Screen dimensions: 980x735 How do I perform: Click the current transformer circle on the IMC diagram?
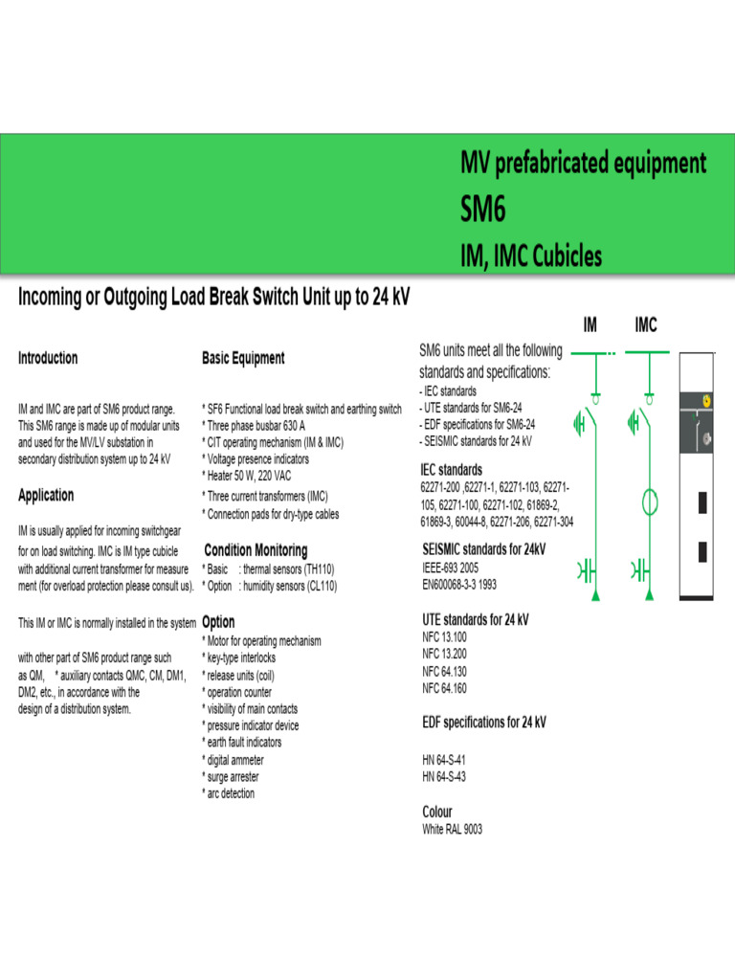click(x=649, y=501)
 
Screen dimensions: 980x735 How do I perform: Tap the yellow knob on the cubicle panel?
click(x=706, y=402)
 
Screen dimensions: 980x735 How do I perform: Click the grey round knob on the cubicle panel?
click(x=706, y=438)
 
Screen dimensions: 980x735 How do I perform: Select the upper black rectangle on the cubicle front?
click(x=702, y=501)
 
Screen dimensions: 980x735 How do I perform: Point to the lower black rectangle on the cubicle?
click(x=702, y=552)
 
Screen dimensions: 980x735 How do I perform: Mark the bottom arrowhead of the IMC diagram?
click(x=649, y=597)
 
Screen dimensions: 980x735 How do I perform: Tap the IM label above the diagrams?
click(x=590, y=325)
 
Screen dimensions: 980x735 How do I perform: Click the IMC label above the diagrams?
click(x=646, y=325)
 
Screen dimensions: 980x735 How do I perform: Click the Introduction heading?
click(x=48, y=358)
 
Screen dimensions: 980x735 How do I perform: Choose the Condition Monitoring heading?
click(x=256, y=550)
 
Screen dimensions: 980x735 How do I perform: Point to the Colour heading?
click(x=437, y=812)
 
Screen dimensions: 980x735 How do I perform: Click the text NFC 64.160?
click(x=444, y=688)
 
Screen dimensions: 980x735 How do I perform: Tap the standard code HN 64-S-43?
click(x=444, y=776)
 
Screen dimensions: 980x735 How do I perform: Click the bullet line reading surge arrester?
click(x=230, y=777)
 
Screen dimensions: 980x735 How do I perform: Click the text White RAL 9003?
click(x=453, y=830)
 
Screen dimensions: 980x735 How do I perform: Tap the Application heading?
click(x=46, y=495)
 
